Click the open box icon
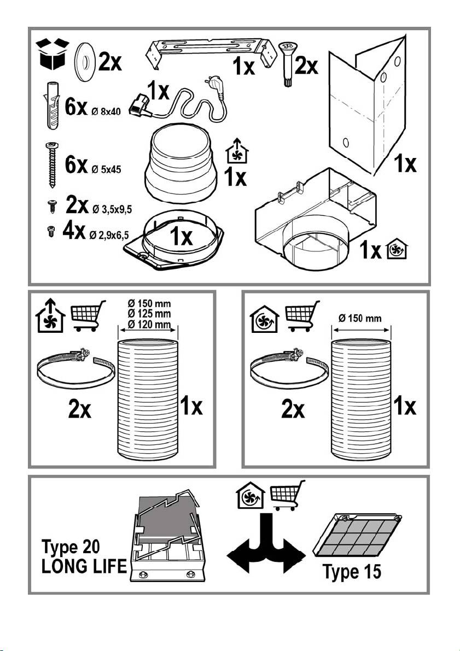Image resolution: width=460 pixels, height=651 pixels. coord(53,54)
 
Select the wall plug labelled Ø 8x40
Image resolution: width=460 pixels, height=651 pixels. coord(51,105)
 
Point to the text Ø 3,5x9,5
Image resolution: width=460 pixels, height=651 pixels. coord(112,209)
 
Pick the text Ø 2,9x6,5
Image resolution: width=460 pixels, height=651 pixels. coord(109,236)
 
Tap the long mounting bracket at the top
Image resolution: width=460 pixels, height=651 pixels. coord(211,52)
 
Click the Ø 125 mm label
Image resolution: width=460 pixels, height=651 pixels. coord(149,314)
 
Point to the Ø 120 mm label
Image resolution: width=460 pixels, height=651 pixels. coord(149,324)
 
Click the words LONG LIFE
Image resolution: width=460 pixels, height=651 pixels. coord(84,566)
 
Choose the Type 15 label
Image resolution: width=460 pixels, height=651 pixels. coord(352,571)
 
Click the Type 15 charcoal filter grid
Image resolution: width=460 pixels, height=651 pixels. coord(357,535)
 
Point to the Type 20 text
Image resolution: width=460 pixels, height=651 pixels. coord(71,547)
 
